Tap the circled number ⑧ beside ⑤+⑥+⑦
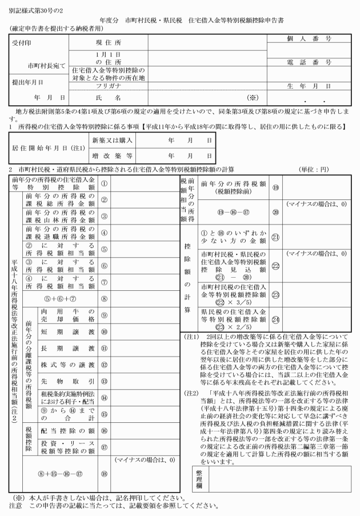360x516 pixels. point(104,297)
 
